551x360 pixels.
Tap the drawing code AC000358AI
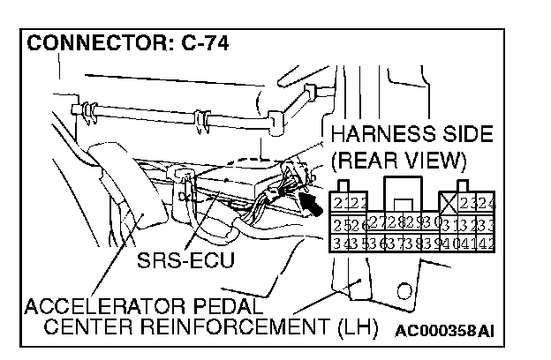(444, 331)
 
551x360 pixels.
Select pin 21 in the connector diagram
(339, 203)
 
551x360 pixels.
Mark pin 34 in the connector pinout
(339, 240)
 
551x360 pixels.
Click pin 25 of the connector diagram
(339, 221)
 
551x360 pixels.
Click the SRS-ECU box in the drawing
(231, 189)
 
